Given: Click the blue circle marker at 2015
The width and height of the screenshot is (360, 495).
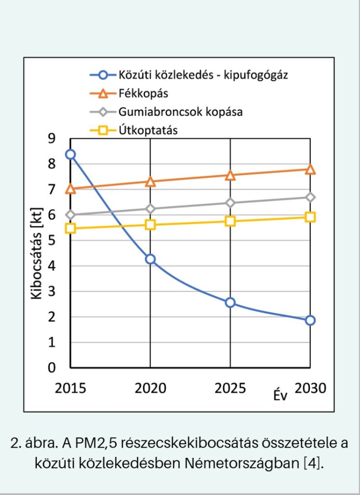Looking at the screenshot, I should tap(71, 155).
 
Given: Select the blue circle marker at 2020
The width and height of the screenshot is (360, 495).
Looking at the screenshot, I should tap(150, 259).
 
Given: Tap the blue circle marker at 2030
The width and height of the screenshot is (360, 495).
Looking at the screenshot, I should tap(310, 320).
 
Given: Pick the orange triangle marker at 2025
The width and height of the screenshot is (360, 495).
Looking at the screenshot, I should tap(230, 175).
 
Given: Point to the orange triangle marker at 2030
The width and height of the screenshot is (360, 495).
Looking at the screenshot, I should tap(310, 169).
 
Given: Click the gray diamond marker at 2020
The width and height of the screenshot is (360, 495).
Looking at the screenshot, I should tap(150, 209).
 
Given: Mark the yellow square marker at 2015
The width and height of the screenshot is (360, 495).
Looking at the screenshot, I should tap(71, 228).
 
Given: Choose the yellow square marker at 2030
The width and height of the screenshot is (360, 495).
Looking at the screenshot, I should tap(310, 217).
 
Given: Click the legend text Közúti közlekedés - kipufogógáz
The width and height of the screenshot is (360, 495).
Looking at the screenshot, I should tap(203, 75).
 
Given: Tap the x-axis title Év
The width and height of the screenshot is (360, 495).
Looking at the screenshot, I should tap(280, 395).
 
